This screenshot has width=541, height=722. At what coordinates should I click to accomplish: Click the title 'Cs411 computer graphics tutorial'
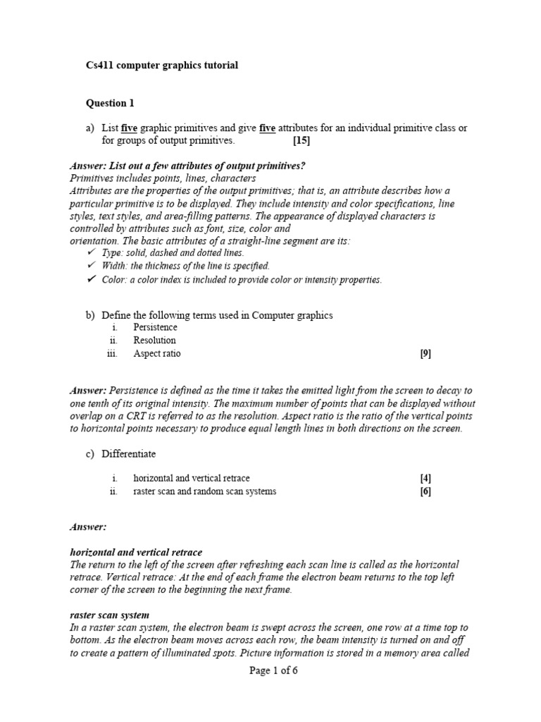coord(162,66)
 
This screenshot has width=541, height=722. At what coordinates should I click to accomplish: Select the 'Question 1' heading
coord(110,104)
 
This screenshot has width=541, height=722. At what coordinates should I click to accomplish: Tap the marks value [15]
coord(301,140)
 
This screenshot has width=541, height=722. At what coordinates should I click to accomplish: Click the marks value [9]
coord(425,354)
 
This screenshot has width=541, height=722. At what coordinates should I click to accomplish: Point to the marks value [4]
coord(425,479)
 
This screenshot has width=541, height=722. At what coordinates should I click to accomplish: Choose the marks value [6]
coord(425,491)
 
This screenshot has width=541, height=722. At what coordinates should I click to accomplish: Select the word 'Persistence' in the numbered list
coord(155,328)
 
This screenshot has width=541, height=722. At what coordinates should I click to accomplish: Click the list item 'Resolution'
coord(154,341)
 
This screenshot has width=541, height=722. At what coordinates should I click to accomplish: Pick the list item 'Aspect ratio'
coord(156,354)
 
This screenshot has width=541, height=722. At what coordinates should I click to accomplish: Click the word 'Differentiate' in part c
coord(129,453)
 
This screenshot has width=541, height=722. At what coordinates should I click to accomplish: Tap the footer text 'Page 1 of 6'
coord(273,671)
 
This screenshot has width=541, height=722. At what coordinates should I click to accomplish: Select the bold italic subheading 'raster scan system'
coord(109,615)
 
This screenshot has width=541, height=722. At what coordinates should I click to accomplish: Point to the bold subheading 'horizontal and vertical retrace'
coord(136,552)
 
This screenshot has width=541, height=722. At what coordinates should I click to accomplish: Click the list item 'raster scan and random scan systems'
coord(204,491)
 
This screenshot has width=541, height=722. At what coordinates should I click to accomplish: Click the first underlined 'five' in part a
coord(129,128)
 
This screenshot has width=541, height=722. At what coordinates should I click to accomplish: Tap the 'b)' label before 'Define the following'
coord(90,315)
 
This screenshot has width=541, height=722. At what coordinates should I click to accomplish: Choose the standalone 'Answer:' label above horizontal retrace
coord(87,527)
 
